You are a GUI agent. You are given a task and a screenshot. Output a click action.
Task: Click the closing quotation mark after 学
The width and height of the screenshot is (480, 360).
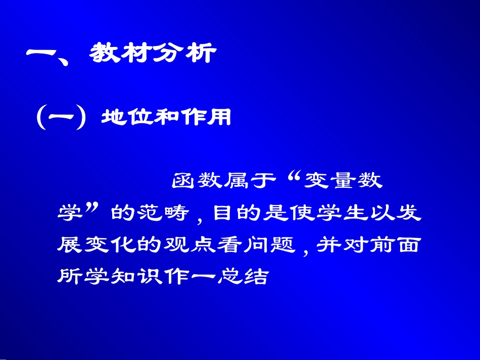(x=92, y=208)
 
